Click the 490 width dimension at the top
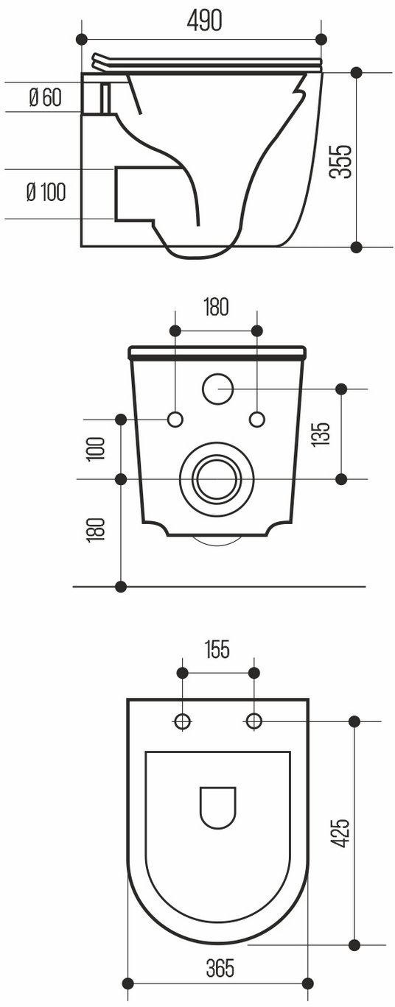click(204, 21)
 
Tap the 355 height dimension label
click(340, 162)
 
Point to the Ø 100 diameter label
click(46, 192)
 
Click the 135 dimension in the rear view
click(321, 434)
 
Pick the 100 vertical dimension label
click(97, 448)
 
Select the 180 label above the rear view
click(216, 307)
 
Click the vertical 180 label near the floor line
click(97, 530)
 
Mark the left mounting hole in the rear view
click(175, 420)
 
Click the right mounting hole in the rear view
click(257, 420)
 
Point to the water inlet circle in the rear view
click(218, 389)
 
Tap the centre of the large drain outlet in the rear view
click(217, 479)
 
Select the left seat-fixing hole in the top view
click(182, 721)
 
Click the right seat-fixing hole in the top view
click(254, 721)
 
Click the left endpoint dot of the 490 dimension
click(81, 39)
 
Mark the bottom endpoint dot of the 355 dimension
click(356, 247)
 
